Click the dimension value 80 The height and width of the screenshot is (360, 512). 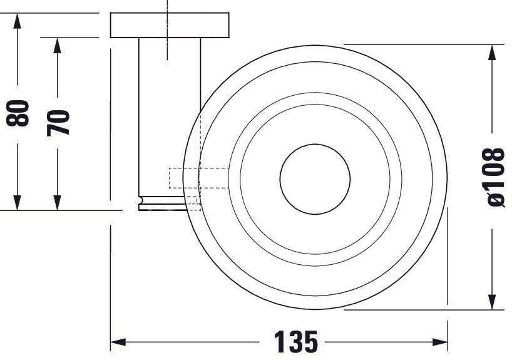[21, 113]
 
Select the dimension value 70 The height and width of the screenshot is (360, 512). [59, 122]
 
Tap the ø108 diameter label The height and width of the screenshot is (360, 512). [494, 177]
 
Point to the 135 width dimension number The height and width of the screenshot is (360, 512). [295, 342]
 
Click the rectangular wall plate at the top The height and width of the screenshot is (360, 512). [170, 25]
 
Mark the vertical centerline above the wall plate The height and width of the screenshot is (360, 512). [168, 6]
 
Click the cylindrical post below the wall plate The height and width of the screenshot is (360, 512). [170, 119]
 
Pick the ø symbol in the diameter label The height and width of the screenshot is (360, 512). [494, 199]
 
